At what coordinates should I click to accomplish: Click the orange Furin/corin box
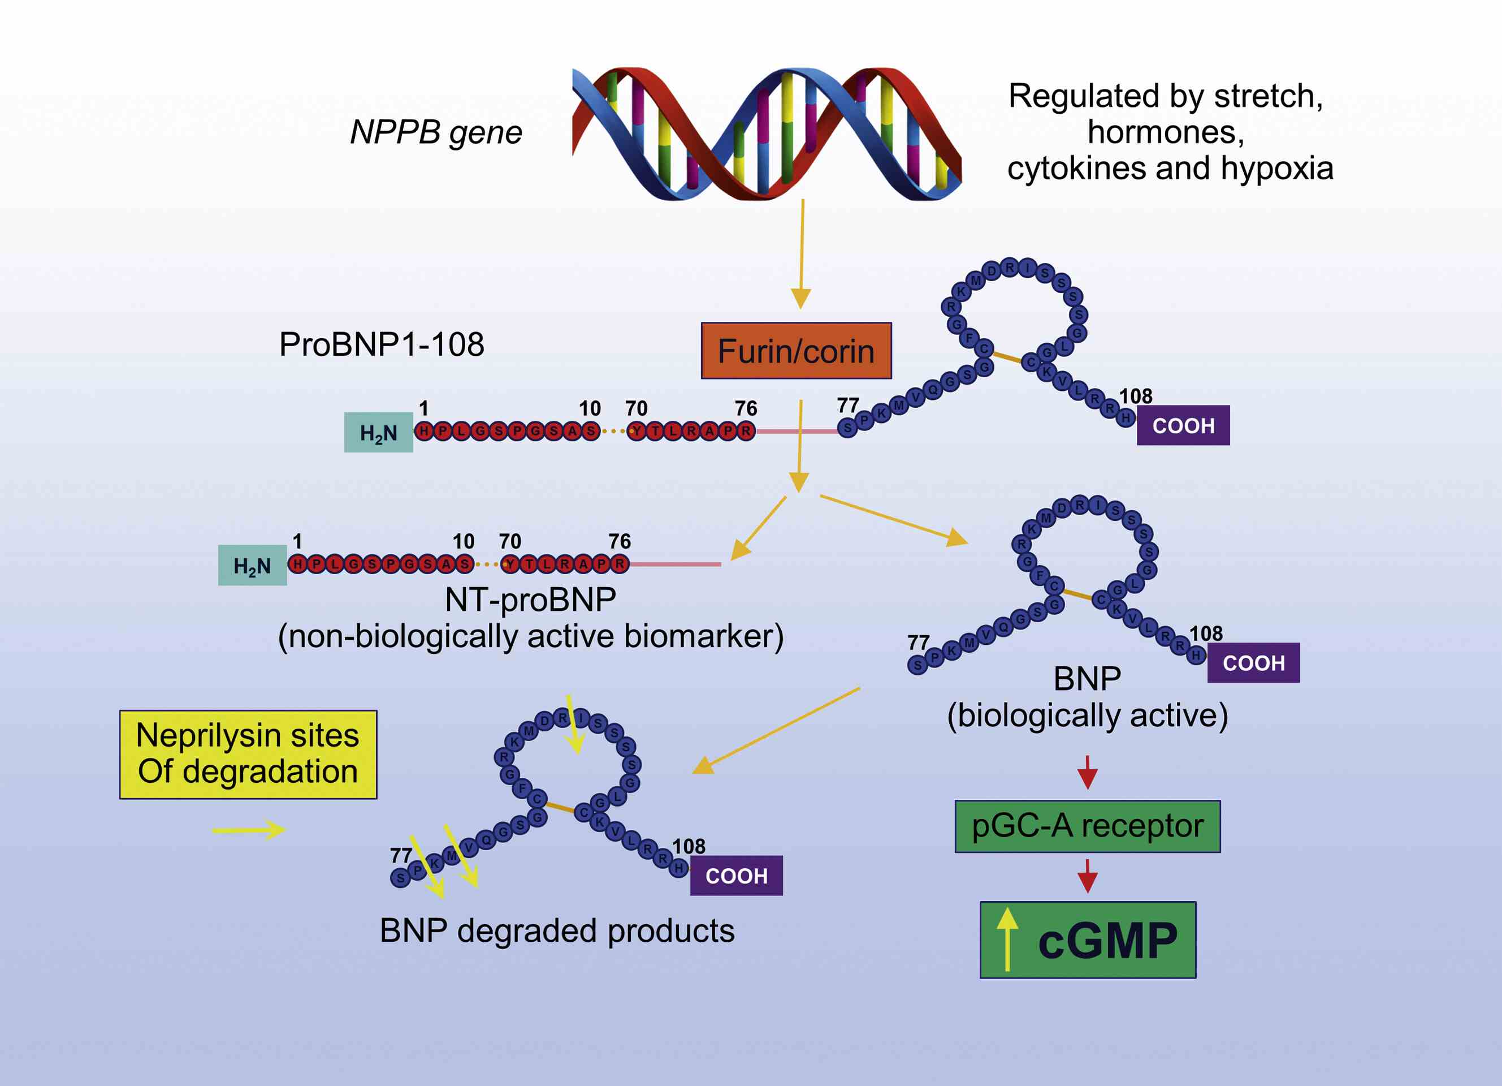coord(796,351)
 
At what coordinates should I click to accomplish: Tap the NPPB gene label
coord(436,132)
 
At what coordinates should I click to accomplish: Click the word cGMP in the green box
coord(1107,941)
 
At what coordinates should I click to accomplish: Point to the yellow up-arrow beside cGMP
coord(1007,940)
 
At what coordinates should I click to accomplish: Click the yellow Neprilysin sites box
coord(248,754)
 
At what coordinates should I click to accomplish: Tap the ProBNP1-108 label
coord(382,344)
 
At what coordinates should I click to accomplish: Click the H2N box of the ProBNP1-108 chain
coord(378,433)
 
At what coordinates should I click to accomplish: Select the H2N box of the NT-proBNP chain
coord(252,566)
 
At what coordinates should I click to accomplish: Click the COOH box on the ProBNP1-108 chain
coord(1183,425)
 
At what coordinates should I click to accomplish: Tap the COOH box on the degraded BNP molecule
coord(736,876)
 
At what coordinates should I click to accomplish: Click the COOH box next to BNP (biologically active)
coord(1253,662)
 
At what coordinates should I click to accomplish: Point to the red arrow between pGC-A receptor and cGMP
coord(1088,876)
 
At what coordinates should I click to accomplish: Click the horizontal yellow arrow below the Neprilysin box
coord(248,830)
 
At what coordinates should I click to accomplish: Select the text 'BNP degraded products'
coord(556,931)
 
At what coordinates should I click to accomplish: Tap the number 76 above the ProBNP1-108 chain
coord(746,408)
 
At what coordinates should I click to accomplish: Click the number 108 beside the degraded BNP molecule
coord(689,846)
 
